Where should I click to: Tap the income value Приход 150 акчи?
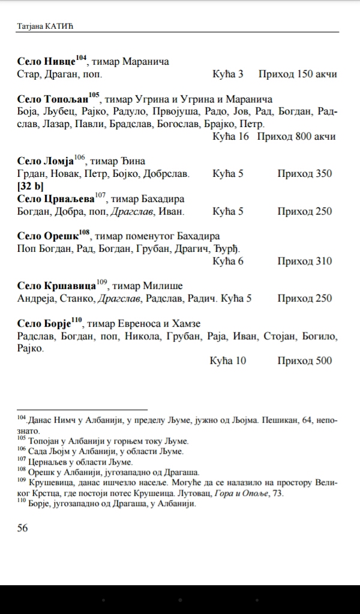[297, 74]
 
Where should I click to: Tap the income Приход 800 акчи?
[296, 137]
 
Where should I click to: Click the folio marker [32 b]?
[31, 186]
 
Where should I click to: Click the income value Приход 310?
[304, 261]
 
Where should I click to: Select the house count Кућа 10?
[228, 361]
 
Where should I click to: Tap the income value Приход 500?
[304, 361]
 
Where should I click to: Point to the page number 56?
[22, 528]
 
